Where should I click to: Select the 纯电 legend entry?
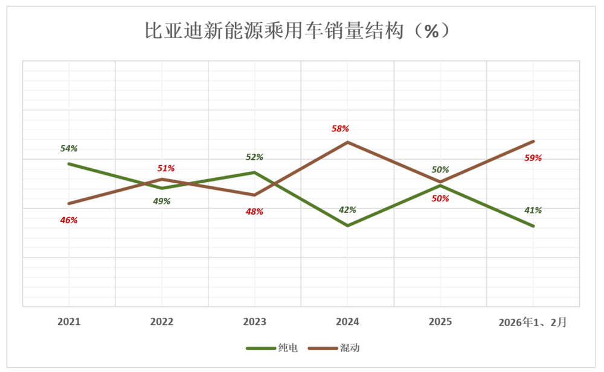click(272, 348)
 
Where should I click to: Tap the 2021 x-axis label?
click(69, 322)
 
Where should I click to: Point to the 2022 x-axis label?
click(162, 322)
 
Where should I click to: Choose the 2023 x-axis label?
click(254, 322)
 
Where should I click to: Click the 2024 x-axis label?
click(347, 322)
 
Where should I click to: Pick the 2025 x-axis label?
click(440, 322)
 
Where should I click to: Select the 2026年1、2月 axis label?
click(533, 322)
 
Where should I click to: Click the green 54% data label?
click(69, 148)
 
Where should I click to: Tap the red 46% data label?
click(69, 220)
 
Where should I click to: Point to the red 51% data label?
click(166, 168)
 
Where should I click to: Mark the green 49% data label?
click(162, 201)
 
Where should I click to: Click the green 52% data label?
click(254, 157)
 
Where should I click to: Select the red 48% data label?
click(254, 212)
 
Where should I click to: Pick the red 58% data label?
click(340, 128)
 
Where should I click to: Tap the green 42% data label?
click(347, 210)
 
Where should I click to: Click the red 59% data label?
click(533, 158)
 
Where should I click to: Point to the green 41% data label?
click(533, 210)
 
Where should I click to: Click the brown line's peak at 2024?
click(347, 142)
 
